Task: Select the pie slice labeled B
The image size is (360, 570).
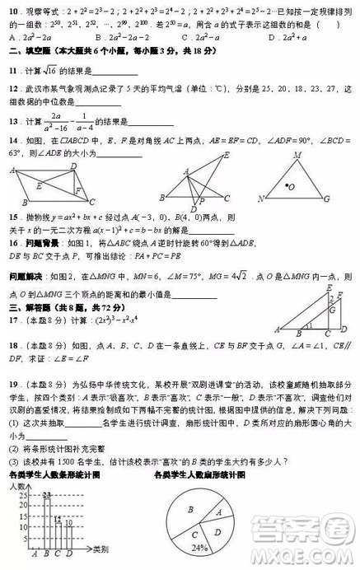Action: click(x=190, y=512)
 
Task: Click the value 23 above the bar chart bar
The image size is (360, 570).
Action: click(x=46, y=493)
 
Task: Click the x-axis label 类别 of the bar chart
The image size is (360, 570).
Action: click(x=101, y=549)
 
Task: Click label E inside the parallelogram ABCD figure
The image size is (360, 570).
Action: click(x=38, y=185)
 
